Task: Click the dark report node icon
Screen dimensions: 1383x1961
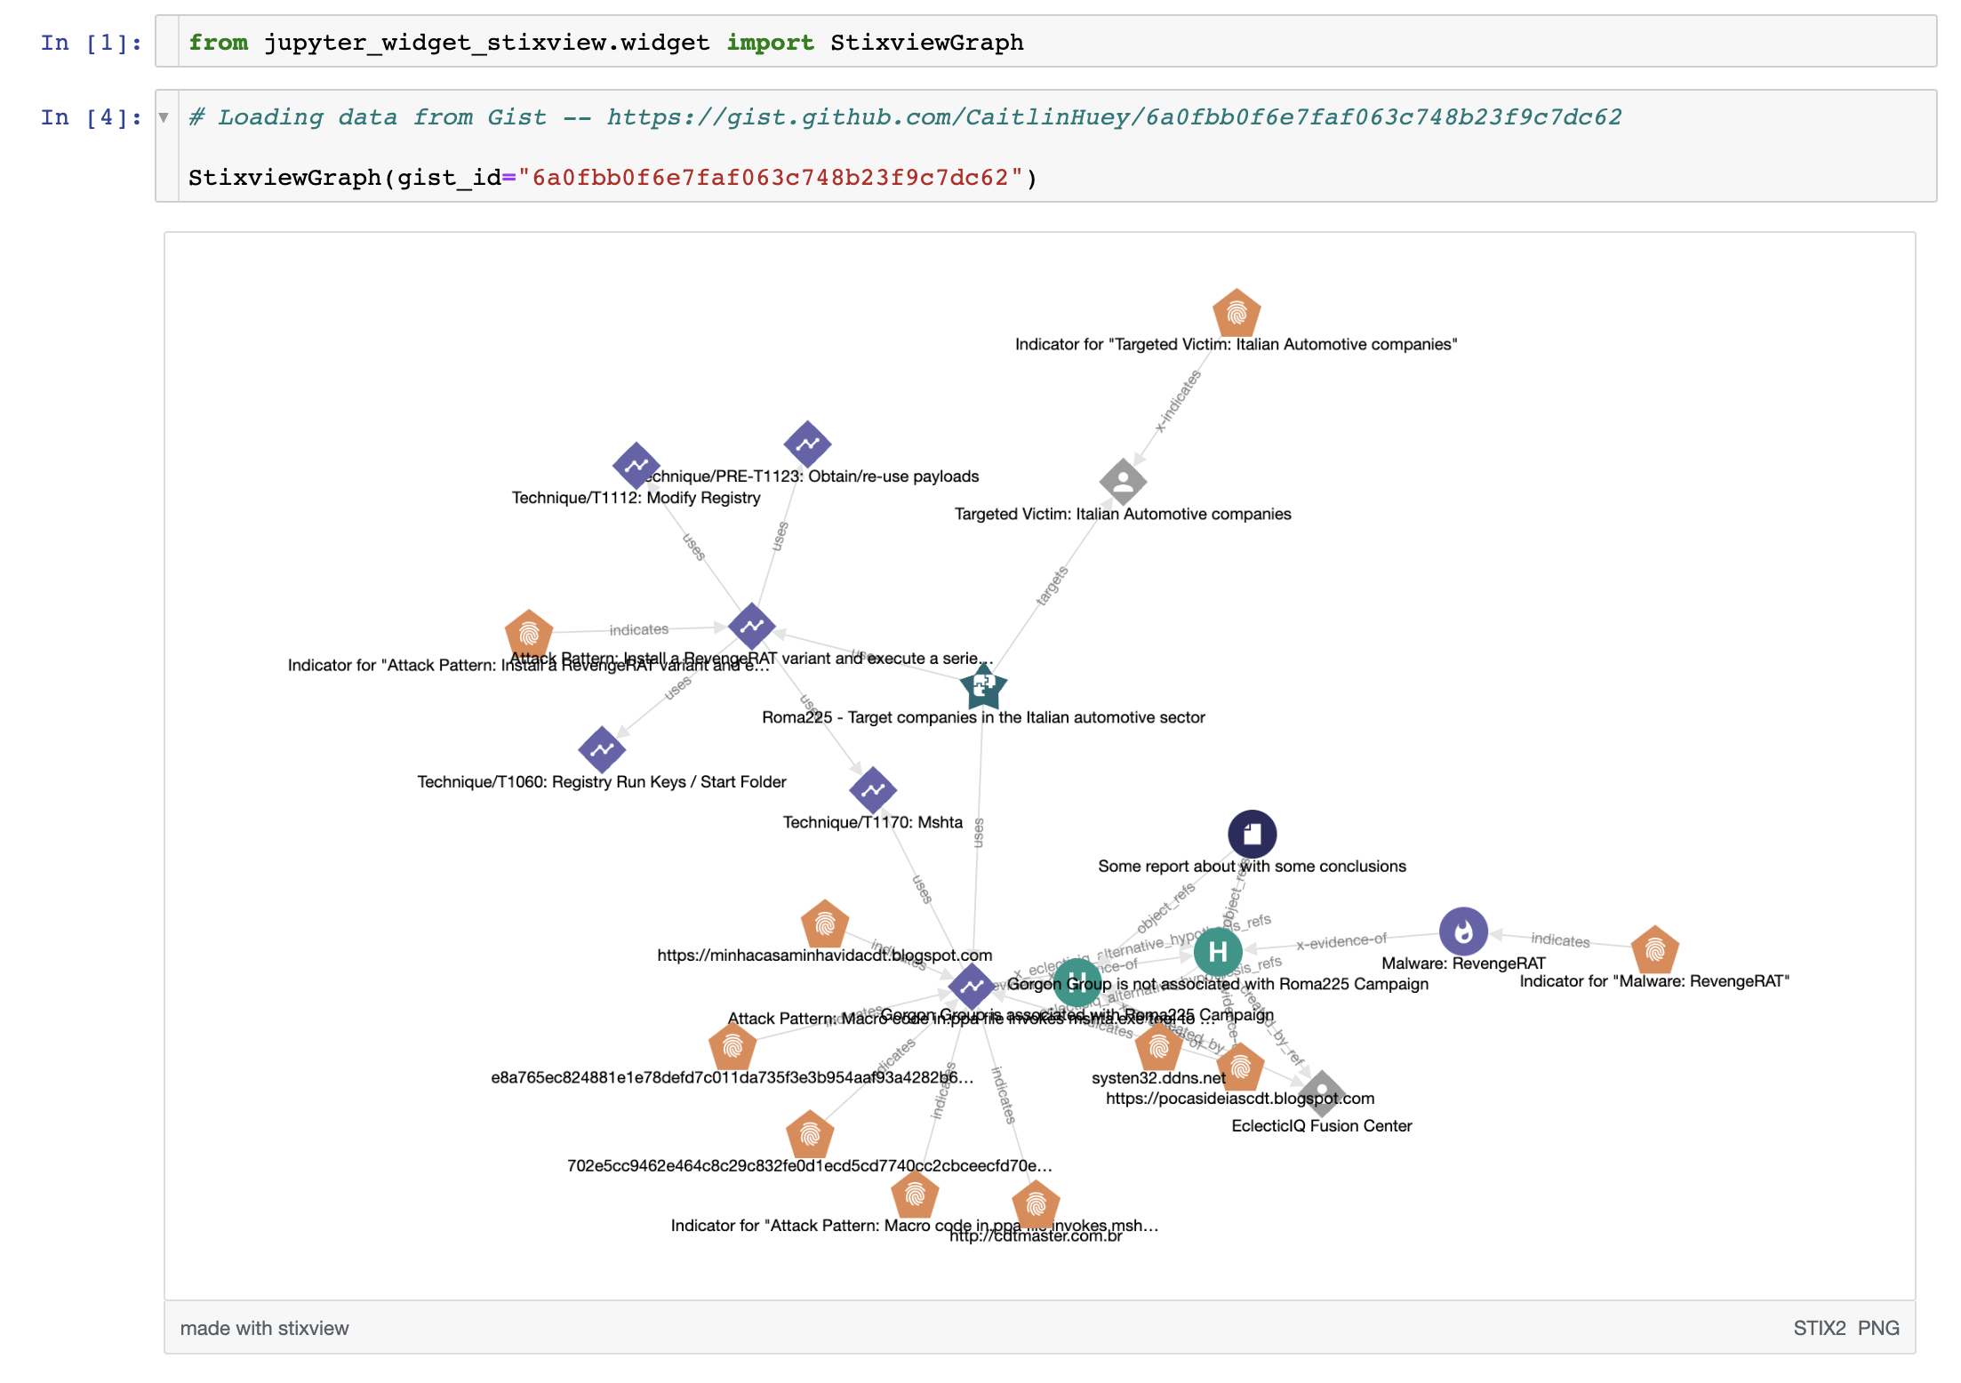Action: [x=1252, y=834]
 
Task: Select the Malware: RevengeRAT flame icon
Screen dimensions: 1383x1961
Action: [x=1463, y=931]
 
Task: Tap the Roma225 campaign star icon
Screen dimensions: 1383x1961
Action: [x=983, y=686]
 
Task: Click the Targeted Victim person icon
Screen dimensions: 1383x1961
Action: [x=1123, y=482]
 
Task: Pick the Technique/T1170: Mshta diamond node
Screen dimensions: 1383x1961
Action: [x=873, y=789]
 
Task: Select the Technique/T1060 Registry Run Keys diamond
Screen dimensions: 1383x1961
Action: [x=602, y=749]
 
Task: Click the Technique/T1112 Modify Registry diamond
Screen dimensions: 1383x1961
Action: [x=636, y=465]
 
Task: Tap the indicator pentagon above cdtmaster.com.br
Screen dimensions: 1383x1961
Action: [x=1036, y=1205]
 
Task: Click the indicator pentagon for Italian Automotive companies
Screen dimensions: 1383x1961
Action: [x=1237, y=313]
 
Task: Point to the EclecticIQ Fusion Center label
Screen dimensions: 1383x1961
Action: [x=1321, y=1126]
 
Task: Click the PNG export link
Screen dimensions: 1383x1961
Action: [x=1878, y=1328]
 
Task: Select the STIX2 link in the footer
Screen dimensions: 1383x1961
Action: [x=1819, y=1328]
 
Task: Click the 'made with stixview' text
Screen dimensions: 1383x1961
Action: [x=264, y=1328]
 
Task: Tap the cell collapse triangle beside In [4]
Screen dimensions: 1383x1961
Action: [x=164, y=117]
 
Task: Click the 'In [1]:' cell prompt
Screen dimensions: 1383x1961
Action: [x=91, y=43]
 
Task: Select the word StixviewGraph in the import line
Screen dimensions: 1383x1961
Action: [x=926, y=43]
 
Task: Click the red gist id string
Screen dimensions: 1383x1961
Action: [x=770, y=178]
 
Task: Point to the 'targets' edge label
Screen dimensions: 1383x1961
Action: [x=1052, y=587]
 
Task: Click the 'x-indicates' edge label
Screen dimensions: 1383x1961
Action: [x=1178, y=402]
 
